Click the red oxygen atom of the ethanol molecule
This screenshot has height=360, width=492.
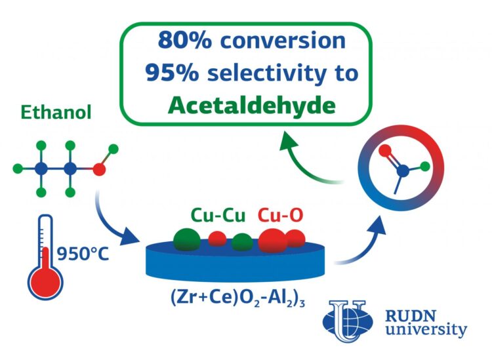(100, 169)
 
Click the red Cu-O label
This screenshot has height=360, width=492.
(281, 215)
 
